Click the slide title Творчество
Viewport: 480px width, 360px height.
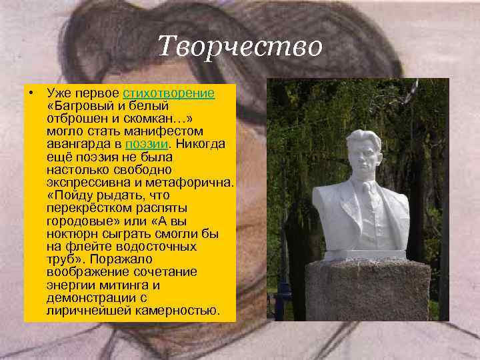pos(241,46)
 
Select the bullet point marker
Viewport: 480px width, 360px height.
pos(31,93)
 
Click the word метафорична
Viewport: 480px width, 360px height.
pos(192,183)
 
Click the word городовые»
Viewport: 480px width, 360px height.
pos(80,221)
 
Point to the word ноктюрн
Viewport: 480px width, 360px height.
pos(69,233)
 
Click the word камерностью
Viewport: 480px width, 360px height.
pos(179,310)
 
